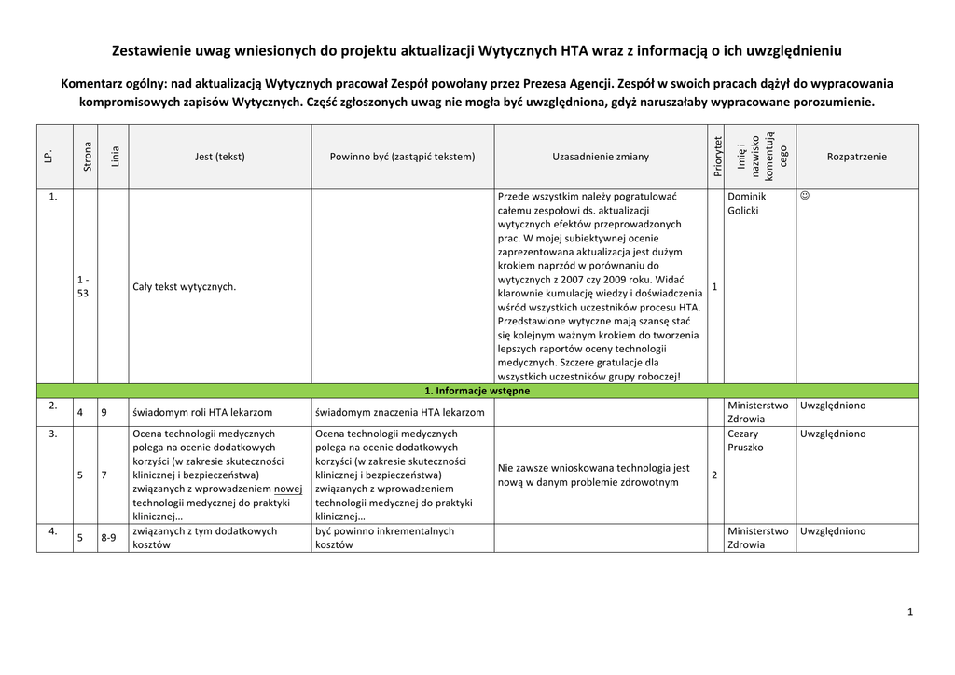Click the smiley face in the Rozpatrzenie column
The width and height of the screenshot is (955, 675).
point(806,197)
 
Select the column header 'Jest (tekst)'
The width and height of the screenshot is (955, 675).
point(219,157)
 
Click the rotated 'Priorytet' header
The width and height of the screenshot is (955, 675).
point(717,156)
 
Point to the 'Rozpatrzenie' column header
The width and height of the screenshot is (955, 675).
point(857,157)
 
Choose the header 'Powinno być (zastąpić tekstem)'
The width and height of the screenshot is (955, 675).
point(402,157)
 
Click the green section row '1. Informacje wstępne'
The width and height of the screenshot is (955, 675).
point(477,391)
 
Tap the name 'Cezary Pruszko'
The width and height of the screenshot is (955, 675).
point(745,440)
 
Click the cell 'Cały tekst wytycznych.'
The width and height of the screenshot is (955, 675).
point(185,286)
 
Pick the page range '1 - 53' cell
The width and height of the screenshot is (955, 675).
point(83,286)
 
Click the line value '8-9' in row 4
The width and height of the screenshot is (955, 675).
point(108,538)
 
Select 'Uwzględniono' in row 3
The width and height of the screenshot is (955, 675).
point(833,434)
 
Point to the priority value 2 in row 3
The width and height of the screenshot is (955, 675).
point(714,475)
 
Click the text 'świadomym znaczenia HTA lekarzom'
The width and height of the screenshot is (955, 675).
point(400,412)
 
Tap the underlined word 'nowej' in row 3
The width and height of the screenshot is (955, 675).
point(288,489)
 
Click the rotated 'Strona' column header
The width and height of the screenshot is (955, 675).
point(87,156)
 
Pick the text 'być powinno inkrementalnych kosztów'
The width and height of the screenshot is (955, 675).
point(384,538)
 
